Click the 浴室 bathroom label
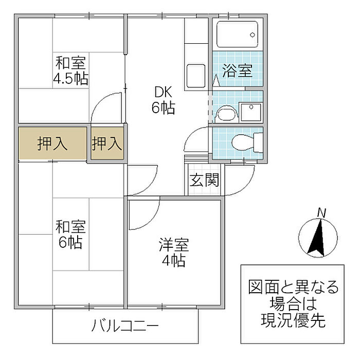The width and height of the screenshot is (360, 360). pos(237,70)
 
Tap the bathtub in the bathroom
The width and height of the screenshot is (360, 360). pos(237,34)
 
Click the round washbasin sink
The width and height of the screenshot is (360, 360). pos(224,114)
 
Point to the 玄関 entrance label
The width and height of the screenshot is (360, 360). pos(205,180)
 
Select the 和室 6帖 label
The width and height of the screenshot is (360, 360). pos(70,234)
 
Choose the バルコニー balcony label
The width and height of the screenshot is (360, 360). pos(125,326)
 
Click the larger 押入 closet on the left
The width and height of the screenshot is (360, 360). pos(52,143)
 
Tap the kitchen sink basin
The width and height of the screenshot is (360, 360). pos(196,76)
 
